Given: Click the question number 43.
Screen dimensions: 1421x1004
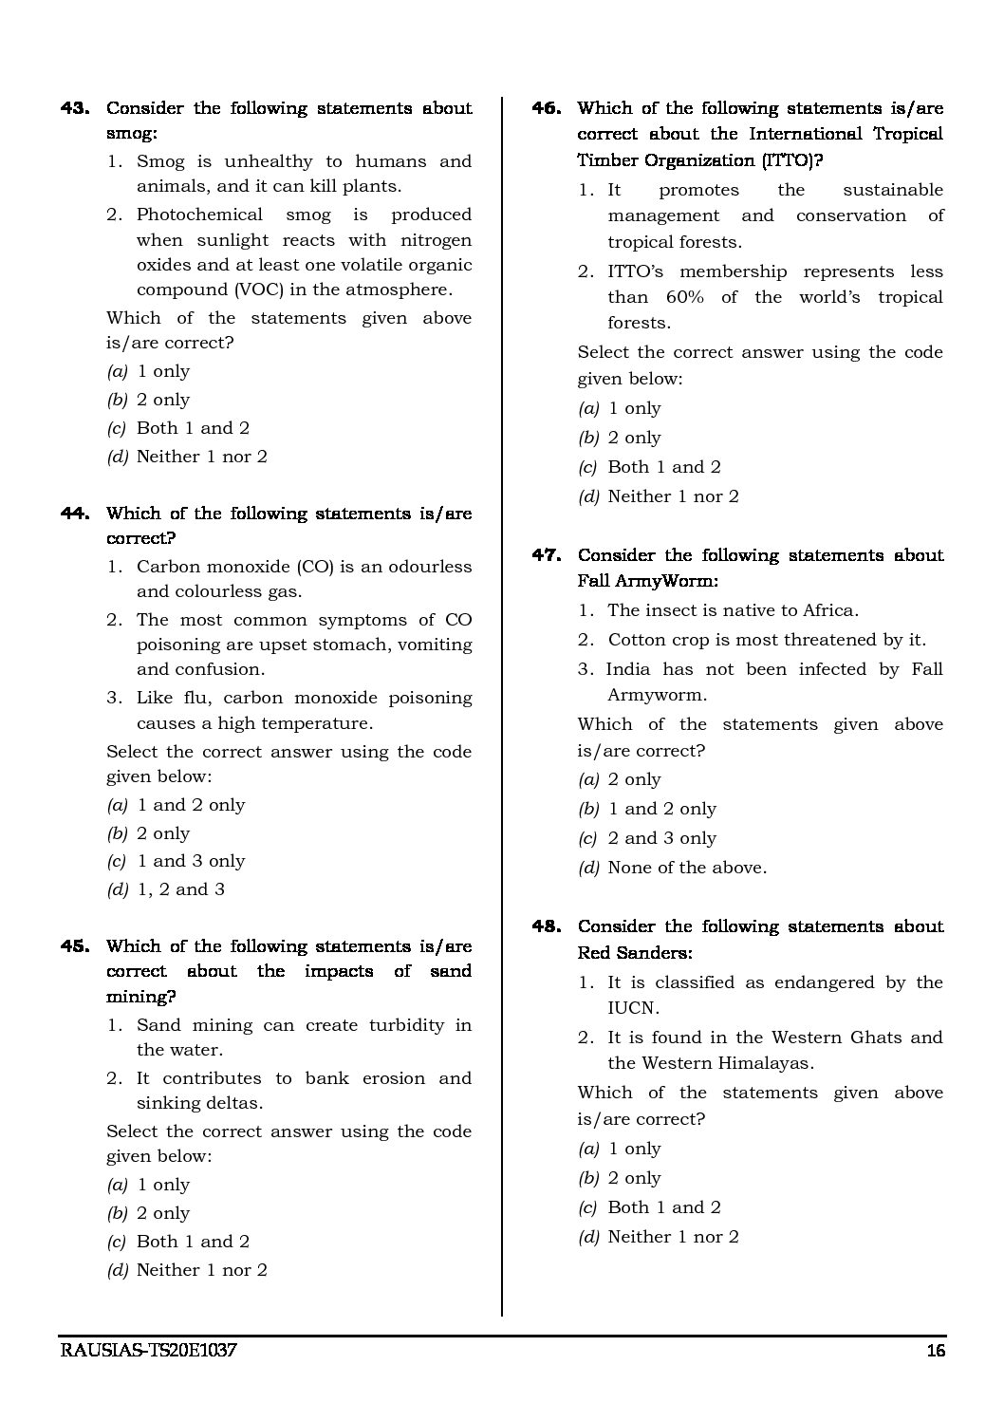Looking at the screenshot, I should (74, 108).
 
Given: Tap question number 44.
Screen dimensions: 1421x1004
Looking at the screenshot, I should (74, 514).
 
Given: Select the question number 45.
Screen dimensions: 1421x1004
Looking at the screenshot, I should (74, 946).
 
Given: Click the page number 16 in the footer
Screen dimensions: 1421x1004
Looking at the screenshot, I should (935, 1352).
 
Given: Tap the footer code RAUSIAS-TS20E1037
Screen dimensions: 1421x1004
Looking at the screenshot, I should (147, 1352).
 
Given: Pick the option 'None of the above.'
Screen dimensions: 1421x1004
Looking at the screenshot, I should (687, 868).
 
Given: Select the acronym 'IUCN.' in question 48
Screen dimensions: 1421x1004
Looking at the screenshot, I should (633, 1008).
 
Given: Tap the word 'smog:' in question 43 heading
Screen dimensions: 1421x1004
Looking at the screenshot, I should (131, 134).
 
